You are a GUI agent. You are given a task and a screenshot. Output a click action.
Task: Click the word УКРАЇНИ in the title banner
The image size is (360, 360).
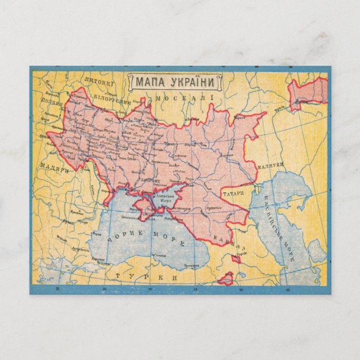193,82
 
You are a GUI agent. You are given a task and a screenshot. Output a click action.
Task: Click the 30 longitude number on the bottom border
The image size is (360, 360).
105,289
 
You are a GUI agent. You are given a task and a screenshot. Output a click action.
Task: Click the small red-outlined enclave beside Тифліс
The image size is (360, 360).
236,260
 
